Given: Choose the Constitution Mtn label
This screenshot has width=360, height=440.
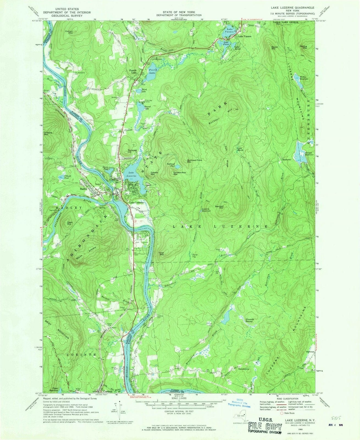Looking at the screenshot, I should (x=180, y=174).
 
